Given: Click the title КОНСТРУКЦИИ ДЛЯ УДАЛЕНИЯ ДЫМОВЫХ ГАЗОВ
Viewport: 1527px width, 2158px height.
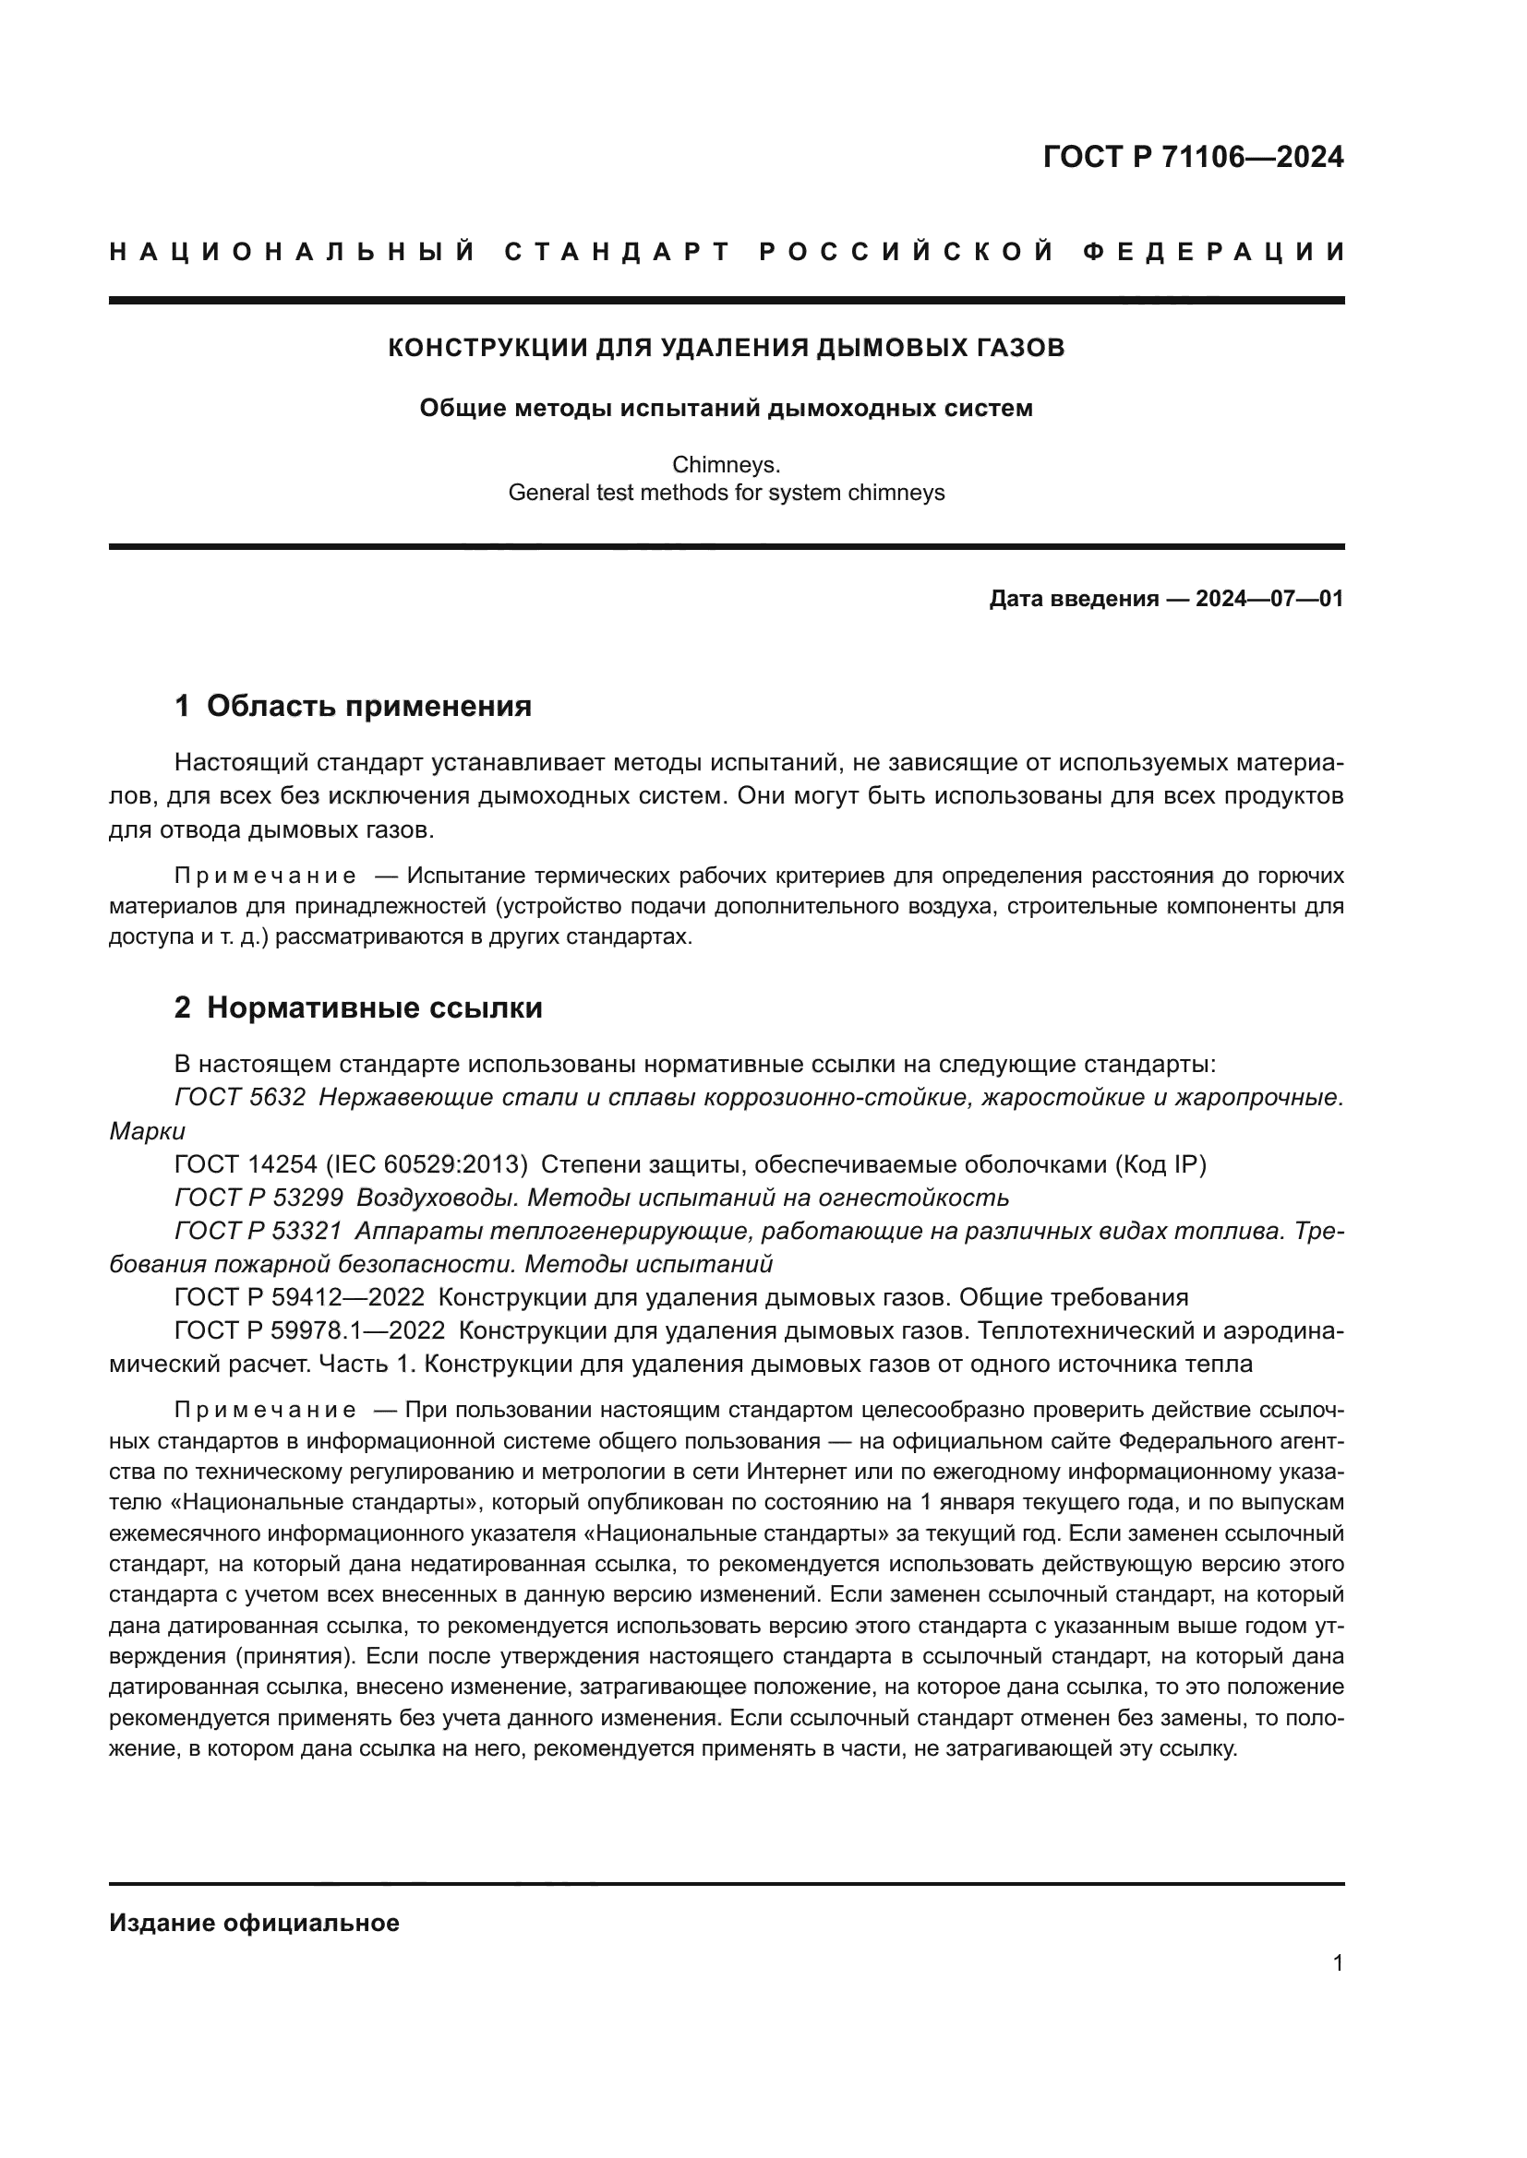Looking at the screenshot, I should [726, 348].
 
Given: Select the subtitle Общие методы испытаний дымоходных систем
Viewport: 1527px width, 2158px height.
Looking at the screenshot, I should [726, 408].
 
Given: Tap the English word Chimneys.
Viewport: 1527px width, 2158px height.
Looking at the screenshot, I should [726, 464].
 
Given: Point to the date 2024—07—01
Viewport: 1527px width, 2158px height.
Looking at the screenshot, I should [1269, 599].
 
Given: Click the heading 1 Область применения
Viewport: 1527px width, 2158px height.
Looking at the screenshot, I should [353, 705].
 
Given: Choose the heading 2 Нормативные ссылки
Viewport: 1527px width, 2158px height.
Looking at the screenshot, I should [358, 1007].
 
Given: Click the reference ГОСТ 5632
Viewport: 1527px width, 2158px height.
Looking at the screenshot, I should [240, 1097].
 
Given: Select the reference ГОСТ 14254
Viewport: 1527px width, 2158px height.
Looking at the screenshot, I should [246, 1164].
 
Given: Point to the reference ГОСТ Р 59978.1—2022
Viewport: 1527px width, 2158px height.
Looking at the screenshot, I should [309, 1331].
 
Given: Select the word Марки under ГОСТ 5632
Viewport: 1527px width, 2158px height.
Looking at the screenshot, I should [148, 1131].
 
